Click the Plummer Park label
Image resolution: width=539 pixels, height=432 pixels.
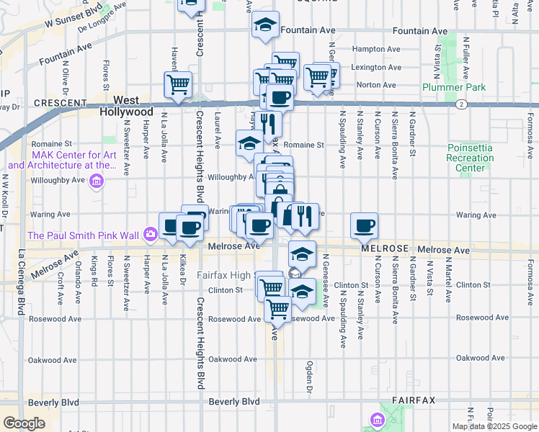click(x=454, y=87)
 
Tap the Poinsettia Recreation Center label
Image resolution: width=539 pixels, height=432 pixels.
click(x=465, y=158)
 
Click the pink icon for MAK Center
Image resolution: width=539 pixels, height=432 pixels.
click(x=97, y=181)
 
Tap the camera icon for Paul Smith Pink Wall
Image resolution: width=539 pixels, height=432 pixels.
click(x=150, y=233)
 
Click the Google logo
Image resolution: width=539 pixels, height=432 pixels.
click(x=24, y=423)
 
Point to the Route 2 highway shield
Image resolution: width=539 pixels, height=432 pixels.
click(x=460, y=104)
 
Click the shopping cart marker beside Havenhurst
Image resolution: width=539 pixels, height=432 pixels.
click(x=177, y=84)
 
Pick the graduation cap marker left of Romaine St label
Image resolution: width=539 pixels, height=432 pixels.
click(x=249, y=142)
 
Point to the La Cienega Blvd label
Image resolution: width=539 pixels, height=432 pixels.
click(x=21, y=282)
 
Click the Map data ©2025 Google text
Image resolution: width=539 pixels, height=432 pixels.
click(x=494, y=426)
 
